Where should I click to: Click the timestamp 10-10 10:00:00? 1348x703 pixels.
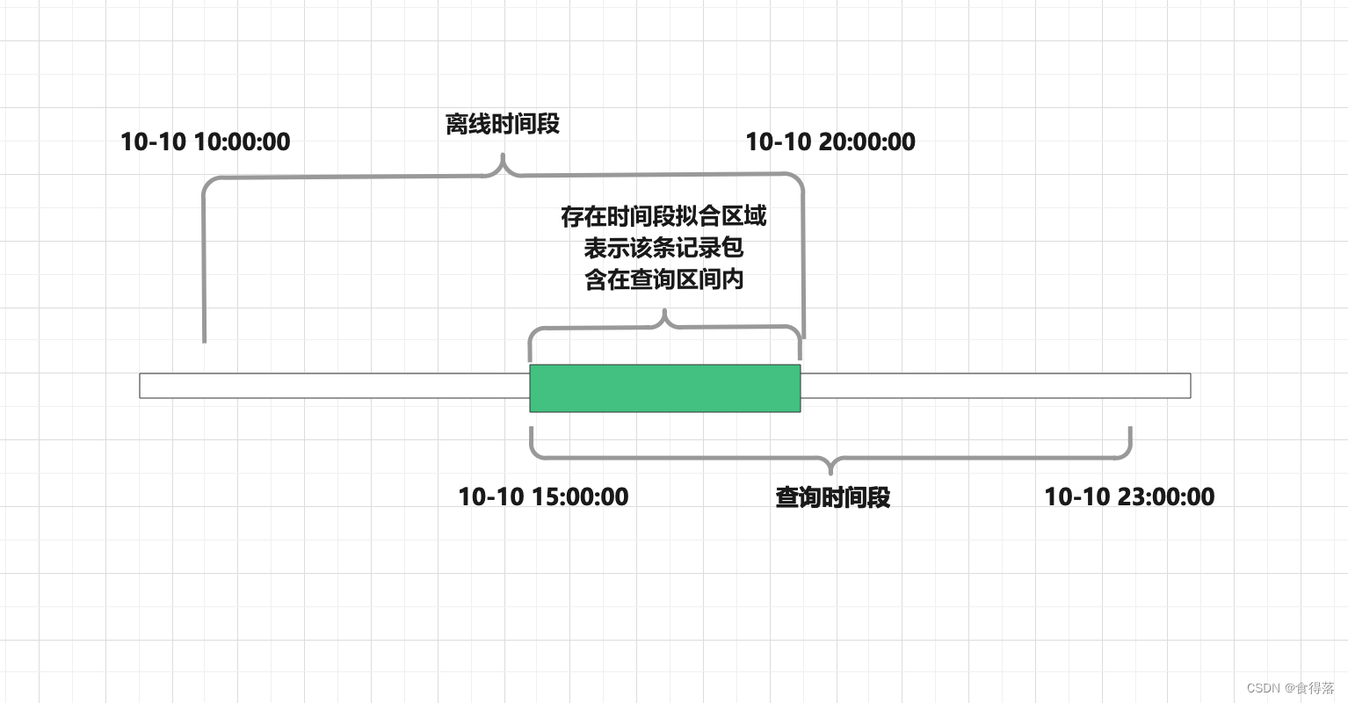pos(205,141)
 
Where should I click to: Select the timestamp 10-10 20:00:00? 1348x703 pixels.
pos(830,141)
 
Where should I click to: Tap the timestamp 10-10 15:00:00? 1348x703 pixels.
pos(543,496)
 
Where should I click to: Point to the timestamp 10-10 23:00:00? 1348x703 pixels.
pos(1129,496)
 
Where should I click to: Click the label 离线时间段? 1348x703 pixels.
pos(503,124)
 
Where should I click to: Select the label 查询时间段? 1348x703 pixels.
pos(832,497)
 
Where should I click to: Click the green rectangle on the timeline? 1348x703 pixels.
pos(664,388)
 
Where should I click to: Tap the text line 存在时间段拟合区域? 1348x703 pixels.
pos(663,216)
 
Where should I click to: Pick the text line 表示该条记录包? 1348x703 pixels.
pos(663,248)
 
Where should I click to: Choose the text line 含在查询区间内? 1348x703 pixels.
pos(663,279)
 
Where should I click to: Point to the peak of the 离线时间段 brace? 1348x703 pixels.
pos(503,158)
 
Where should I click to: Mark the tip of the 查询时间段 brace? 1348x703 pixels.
pos(830,472)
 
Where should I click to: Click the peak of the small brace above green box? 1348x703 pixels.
pos(665,312)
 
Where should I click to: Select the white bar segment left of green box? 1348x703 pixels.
pos(334,386)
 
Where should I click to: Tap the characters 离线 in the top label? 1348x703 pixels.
pos(467,124)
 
